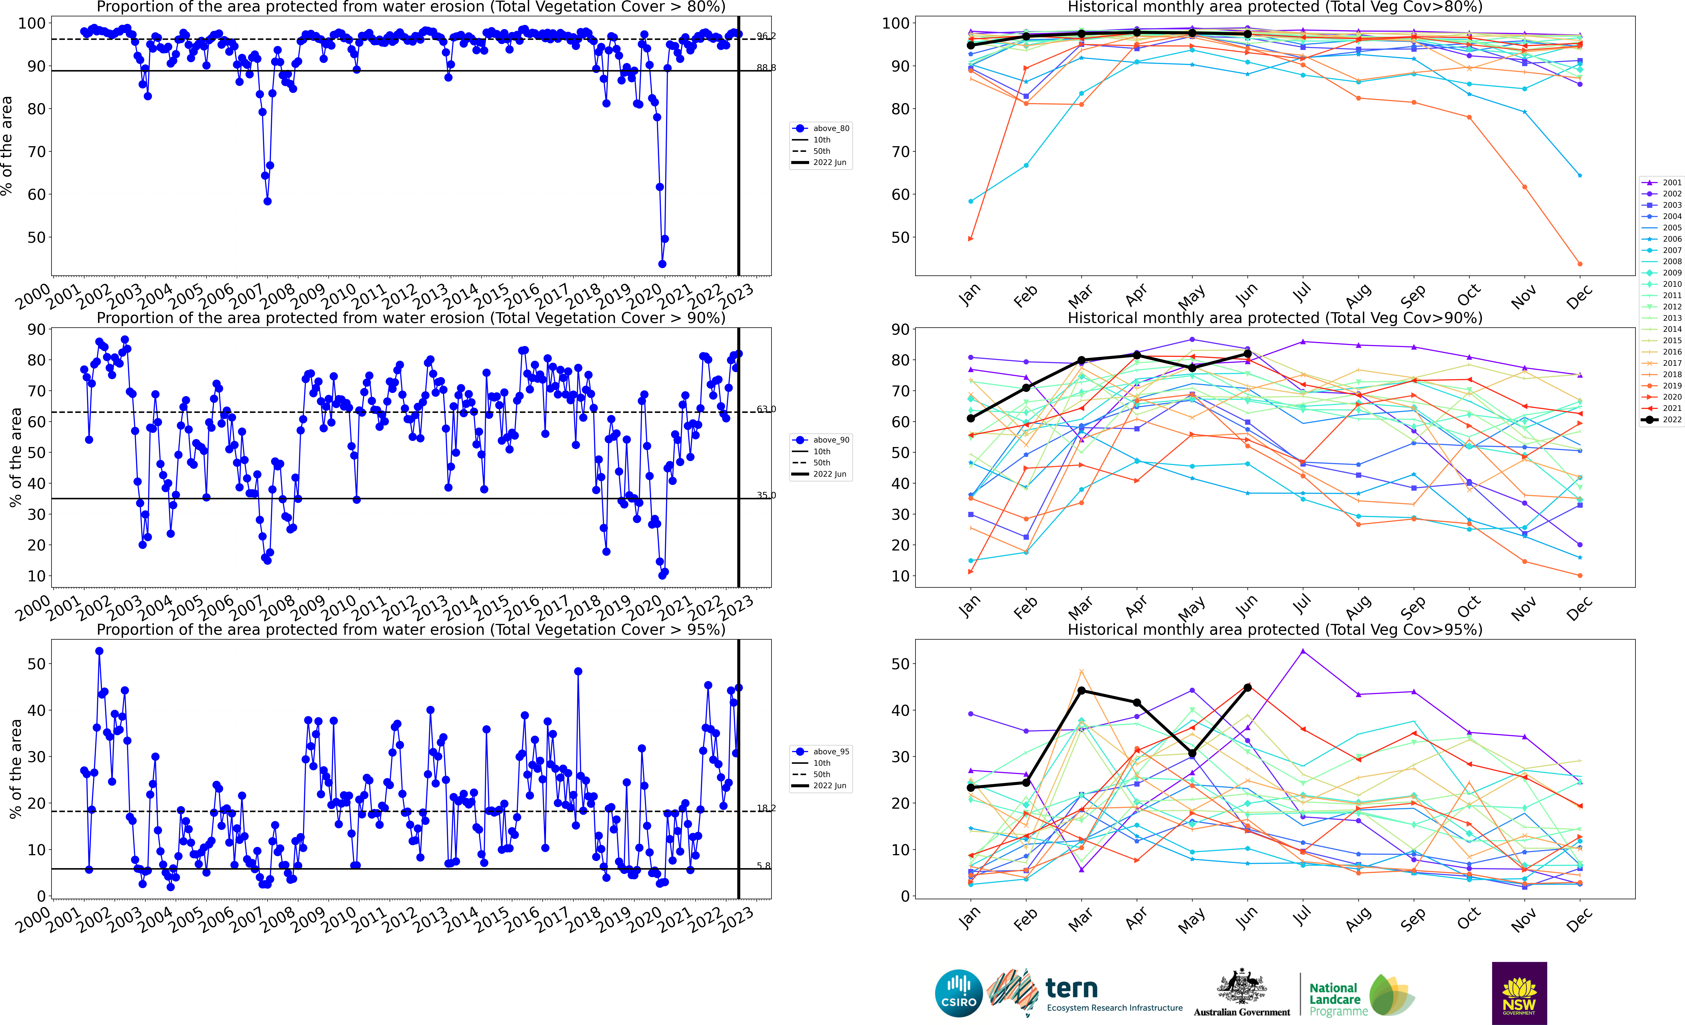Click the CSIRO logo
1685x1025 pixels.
tap(959, 993)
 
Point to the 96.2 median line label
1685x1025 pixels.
tap(766, 36)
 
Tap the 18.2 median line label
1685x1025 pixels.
tap(766, 808)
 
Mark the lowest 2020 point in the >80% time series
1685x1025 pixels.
tap(662, 264)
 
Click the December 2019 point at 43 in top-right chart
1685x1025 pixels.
tap(1580, 264)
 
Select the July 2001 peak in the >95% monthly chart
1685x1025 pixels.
tap(1303, 651)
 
